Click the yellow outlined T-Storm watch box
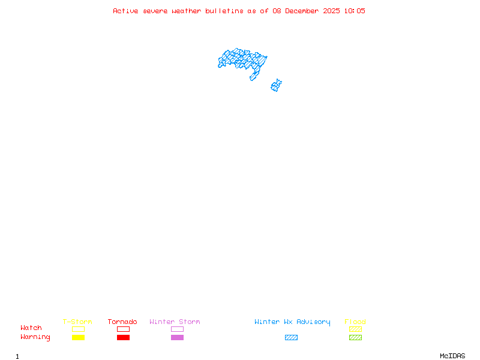tap(78, 329)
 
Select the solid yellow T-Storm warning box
tap(78, 337)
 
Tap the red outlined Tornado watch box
tap(123, 329)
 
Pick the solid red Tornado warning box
tap(123, 337)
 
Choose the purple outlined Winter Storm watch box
tap(177, 329)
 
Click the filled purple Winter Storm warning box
tap(177, 337)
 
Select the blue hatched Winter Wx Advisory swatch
tap(291, 337)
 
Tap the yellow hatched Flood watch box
tap(355, 329)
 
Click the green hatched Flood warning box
tap(355, 337)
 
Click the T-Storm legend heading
tap(77, 322)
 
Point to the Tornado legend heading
tap(122, 322)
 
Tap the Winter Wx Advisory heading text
tap(292, 322)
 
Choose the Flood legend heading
tap(355, 322)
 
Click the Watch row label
tap(31, 328)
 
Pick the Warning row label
tap(35, 337)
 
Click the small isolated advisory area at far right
tap(276, 85)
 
